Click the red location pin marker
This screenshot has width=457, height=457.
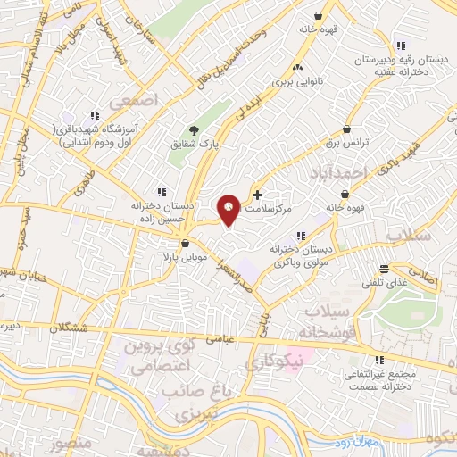click(229, 209)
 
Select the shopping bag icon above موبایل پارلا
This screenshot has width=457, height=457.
click(185, 243)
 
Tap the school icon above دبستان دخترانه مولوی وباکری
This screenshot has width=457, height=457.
click(300, 236)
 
